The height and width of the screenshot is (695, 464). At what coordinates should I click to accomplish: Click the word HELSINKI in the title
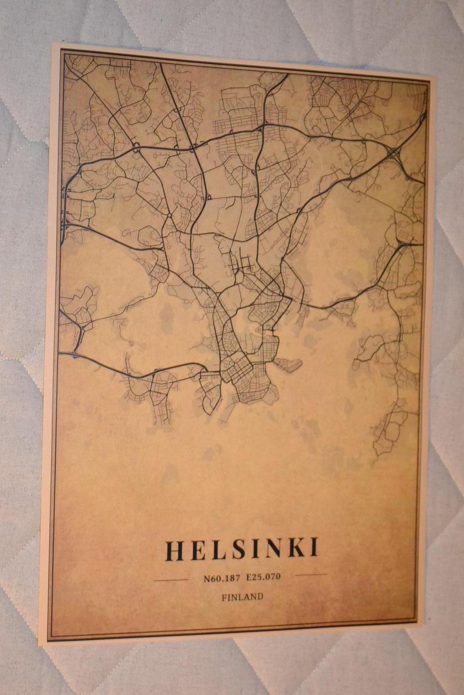pos(242,548)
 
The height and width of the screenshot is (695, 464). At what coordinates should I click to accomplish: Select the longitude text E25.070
pos(264,577)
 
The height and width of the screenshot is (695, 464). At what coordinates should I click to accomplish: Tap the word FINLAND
pos(242,597)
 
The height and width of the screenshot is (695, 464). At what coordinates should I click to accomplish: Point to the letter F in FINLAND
pos(224,598)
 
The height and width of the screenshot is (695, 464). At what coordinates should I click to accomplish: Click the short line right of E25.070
pos(311,575)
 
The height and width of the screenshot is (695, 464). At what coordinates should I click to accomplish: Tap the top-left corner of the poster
pos(52,44)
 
